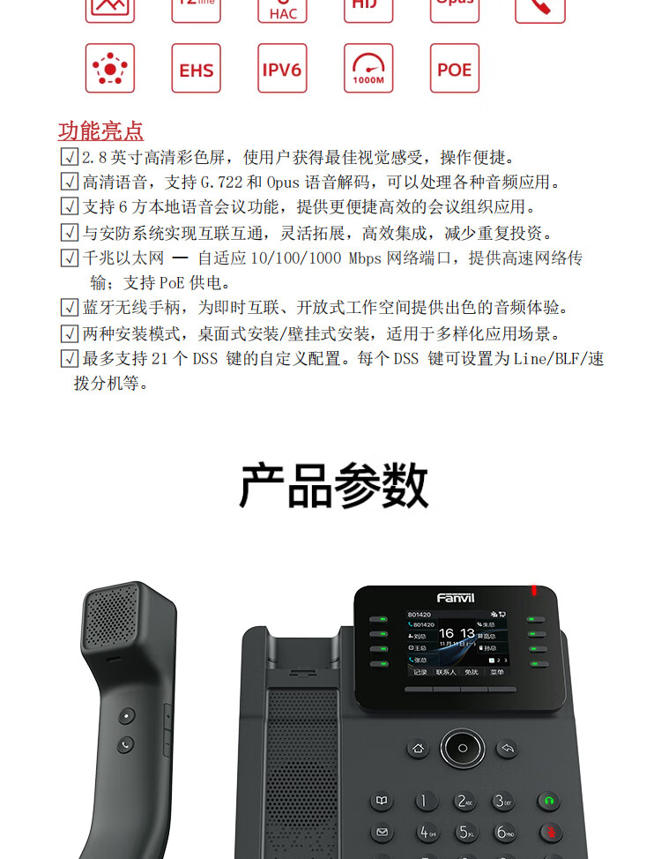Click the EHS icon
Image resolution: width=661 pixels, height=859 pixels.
tap(196, 69)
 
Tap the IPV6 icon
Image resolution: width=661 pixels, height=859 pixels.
tap(282, 69)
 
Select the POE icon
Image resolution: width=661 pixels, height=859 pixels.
tap(455, 69)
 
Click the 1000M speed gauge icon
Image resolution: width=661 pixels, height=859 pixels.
tap(368, 69)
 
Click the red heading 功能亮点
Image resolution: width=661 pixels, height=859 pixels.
tap(100, 131)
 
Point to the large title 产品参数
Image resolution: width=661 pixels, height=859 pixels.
tap(333, 486)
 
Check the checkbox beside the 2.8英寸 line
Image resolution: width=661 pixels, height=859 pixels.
tap(70, 158)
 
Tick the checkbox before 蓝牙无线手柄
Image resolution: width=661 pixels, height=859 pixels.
tap(70, 308)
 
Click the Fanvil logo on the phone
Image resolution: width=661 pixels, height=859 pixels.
tap(456, 597)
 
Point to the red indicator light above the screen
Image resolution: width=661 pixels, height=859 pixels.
tap(533, 590)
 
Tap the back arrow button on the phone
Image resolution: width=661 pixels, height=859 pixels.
tap(507, 749)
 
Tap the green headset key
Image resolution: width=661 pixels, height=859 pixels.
tap(549, 802)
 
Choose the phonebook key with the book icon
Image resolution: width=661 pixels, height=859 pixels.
tap(382, 802)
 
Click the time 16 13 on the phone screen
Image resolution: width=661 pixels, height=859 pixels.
tap(457, 633)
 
